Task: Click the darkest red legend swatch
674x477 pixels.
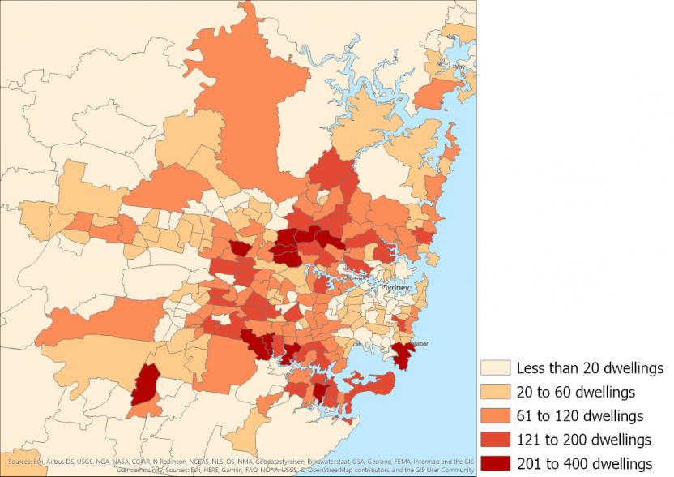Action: tap(494, 464)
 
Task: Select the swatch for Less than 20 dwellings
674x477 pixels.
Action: tap(494, 368)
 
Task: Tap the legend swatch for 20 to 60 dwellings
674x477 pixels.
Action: tap(494, 392)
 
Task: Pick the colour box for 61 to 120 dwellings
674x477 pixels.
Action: tap(494, 416)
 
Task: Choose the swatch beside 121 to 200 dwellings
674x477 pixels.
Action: tap(494, 440)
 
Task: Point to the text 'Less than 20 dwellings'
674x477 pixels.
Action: tap(591, 368)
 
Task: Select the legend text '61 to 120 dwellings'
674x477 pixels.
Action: tap(580, 416)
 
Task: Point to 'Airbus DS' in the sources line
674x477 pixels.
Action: tap(48, 461)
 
